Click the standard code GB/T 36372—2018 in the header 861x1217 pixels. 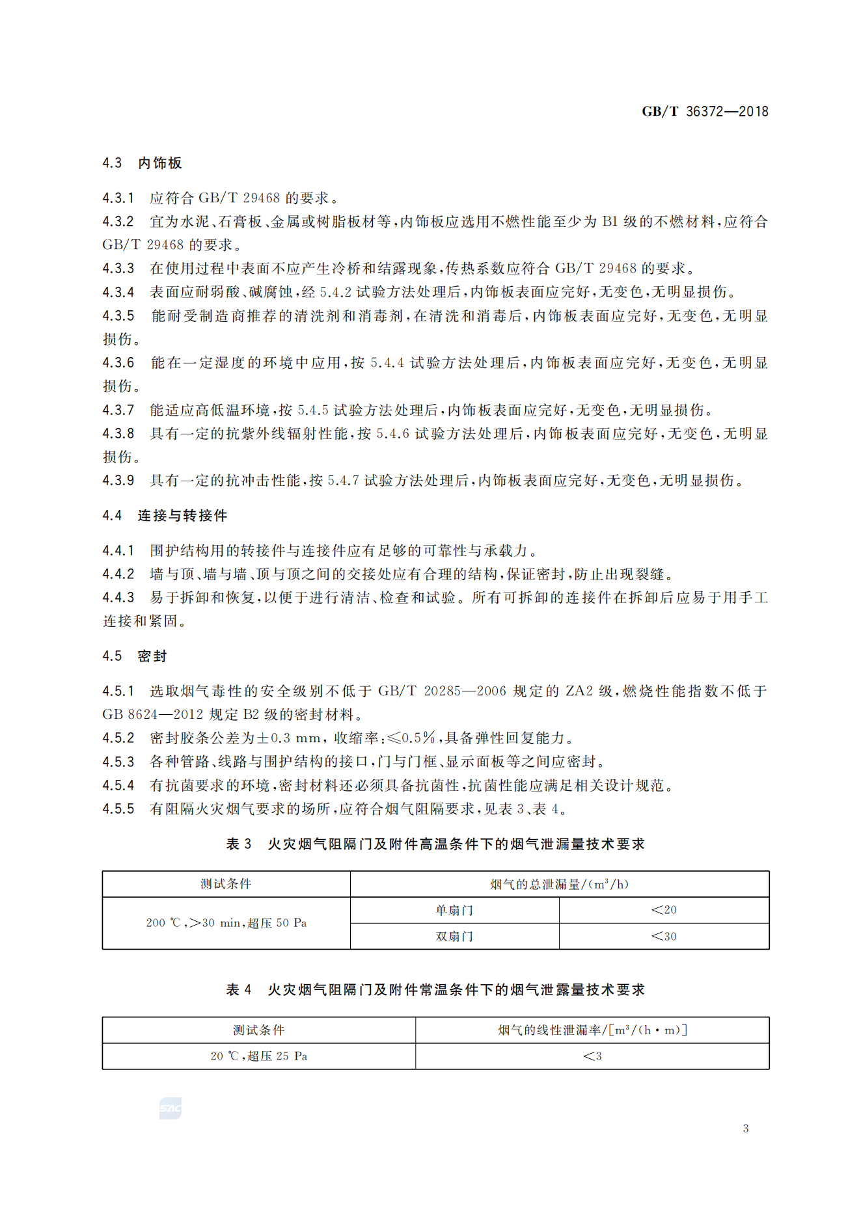coord(705,111)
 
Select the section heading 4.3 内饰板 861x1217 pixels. coord(142,163)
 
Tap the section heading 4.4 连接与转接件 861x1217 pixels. coord(165,516)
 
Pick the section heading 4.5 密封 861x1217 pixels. coord(135,656)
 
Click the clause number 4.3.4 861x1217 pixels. coord(118,292)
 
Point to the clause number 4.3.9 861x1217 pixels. coord(118,481)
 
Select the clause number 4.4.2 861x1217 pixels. coord(118,574)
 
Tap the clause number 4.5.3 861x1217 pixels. coord(118,762)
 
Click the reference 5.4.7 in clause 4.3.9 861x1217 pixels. coord(343,481)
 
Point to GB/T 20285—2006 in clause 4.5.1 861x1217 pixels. coord(442,691)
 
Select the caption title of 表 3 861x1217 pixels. coord(435,844)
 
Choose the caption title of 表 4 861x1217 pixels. coord(435,990)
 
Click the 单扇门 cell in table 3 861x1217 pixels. coord(454,911)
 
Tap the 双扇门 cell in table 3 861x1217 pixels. coord(454,937)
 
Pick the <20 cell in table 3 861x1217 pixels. coord(664,910)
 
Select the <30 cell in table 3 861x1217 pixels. coord(664,937)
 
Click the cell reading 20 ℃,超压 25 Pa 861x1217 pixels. coord(258,1056)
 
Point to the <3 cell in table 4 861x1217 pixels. coord(592,1056)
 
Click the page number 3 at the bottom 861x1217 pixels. coord(746,1129)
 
